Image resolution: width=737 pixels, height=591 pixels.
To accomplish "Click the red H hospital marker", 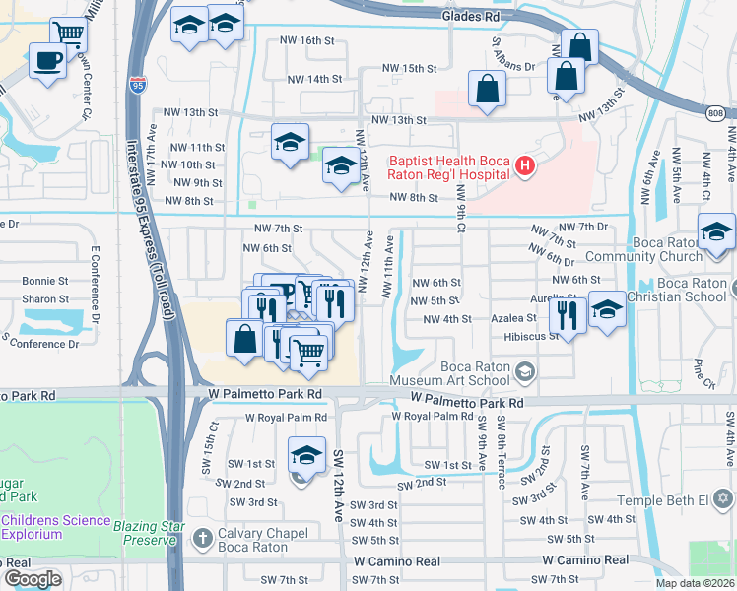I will pyautogui.click(x=525, y=166).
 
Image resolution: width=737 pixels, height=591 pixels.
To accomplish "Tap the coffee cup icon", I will pyautogui.click(x=45, y=63).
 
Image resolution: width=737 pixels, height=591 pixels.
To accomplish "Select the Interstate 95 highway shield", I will pyautogui.click(x=138, y=86).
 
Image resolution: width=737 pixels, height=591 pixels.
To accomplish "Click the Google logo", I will pyautogui.click(x=33, y=579).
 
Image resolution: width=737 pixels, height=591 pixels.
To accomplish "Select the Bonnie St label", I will pyautogui.click(x=45, y=281).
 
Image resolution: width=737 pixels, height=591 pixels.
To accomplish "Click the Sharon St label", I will pyautogui.click(x=45, y=298).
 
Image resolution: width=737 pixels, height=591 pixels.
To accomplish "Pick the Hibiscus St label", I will pyautogui.click(x=533, y=336).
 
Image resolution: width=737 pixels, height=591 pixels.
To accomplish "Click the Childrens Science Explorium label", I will pyautogui.click(x=45, y=527).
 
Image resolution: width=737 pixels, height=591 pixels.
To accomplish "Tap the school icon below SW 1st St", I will pyautogui.click(x=306, y=455).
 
